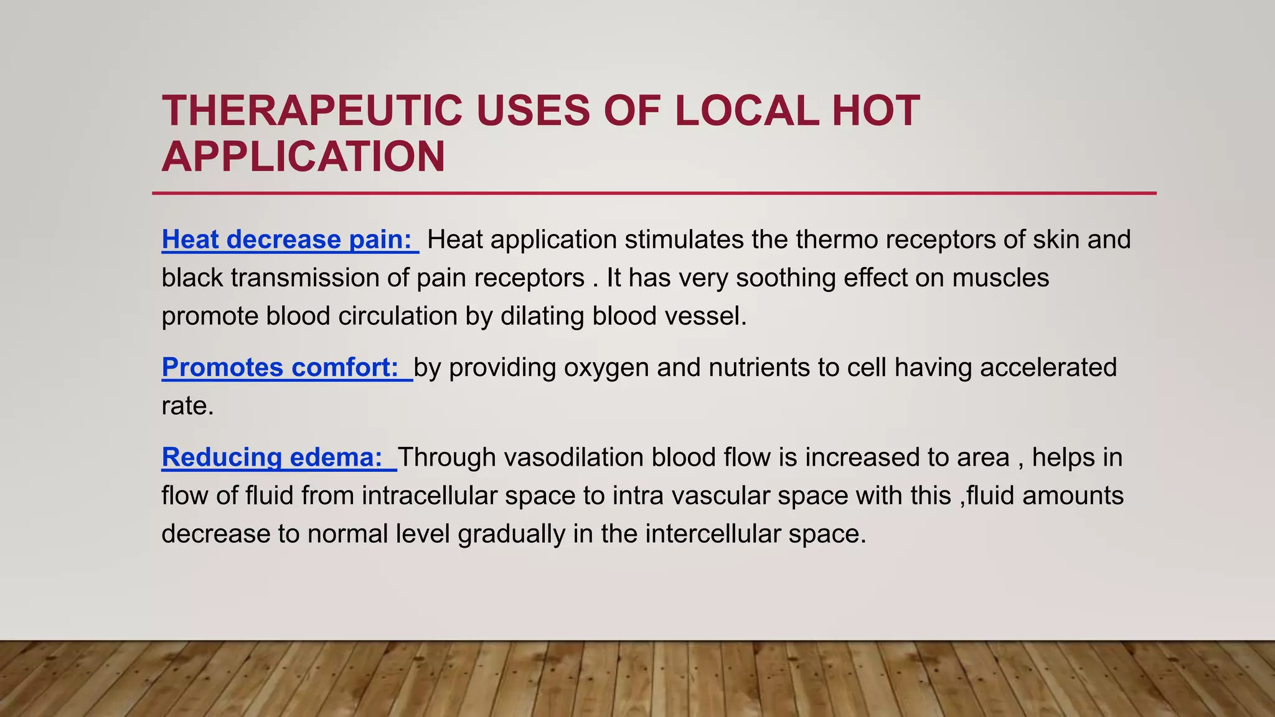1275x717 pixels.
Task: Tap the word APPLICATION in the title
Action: [303, 157]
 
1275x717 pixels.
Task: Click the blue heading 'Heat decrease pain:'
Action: [287, 240]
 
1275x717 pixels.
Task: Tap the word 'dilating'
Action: [542, 316]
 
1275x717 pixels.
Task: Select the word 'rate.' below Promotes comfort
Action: [187, 406]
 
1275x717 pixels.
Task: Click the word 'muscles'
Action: [1000, 278]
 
